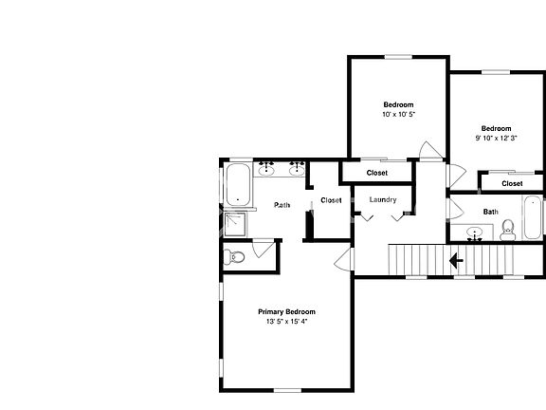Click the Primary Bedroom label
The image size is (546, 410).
(286, 311)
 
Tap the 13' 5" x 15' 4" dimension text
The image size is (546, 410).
(286, 322)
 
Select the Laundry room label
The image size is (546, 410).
(383, 199)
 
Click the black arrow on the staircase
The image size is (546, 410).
(456, 260)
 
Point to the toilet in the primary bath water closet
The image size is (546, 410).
(233, 257)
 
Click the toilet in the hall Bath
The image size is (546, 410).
(508, 230)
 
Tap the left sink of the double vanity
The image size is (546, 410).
(266, 168)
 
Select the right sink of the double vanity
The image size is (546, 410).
(297, 168)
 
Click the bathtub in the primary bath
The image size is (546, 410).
(238, 185)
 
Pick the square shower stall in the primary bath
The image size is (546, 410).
(235, 225)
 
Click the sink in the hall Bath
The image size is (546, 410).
(474, 233)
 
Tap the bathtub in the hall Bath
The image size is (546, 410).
(533, 217)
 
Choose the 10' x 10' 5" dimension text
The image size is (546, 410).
(399, 114)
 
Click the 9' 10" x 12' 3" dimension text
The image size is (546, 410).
(496, 138)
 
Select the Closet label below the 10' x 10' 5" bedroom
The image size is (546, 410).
(377, 173)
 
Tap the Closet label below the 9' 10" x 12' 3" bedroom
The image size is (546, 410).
(512, 183)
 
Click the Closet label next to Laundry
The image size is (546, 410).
(331, 200)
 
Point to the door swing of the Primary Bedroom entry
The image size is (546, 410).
(343, 259)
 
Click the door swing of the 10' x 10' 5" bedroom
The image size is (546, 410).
(430, 150)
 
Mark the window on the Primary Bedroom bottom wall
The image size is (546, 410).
(287, 390)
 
